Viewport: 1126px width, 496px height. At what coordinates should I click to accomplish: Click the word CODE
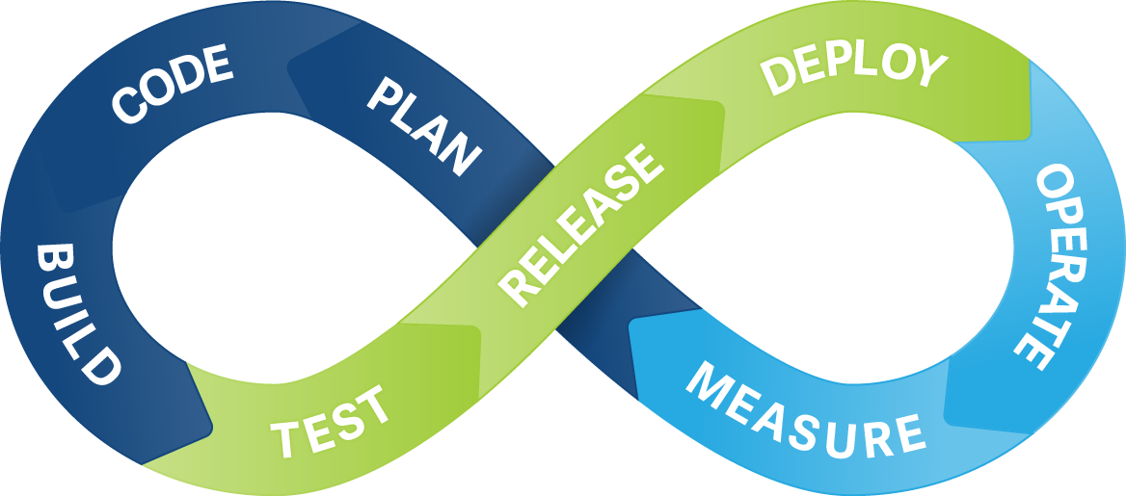[x=173, y=86]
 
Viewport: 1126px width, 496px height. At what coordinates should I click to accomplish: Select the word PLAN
[x=424, y=126]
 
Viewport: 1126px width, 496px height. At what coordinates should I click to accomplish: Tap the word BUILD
[x=78, y=314]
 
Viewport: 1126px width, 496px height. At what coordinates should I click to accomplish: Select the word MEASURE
[x=805, y=411]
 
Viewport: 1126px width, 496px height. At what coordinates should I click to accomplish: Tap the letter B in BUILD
[x=52, y=259]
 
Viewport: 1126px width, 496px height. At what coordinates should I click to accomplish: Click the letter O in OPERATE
[x=1058, y=182]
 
